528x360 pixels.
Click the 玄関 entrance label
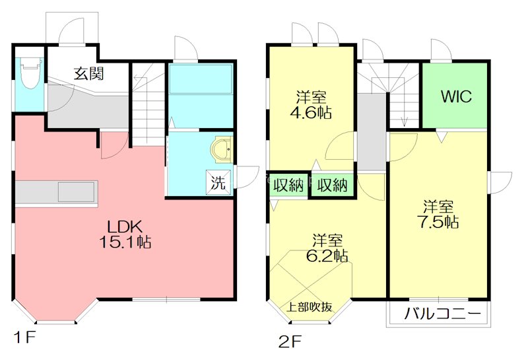point(89,73)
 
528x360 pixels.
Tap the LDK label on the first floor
point(125,227)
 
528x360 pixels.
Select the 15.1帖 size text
point(125,242)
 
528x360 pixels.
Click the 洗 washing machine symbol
point(218,182)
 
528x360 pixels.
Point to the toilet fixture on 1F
point(30,73)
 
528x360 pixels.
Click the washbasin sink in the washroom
point(222,149)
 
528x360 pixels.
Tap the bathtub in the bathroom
point(201,79)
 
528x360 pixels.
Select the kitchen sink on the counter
point(77,192)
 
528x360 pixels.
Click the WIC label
point(456,96)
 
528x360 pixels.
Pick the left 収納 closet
point(288,185)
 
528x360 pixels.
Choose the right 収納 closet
point(333,185)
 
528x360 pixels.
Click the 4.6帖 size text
point(311,112)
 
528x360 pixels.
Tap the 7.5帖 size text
point(438,222)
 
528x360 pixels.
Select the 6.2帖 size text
point(327,256)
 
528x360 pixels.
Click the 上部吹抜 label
point(309,306)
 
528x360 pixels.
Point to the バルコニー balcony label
point(442,314)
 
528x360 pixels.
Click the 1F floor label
point(24,337)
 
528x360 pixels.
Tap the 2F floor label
point(290,342)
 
